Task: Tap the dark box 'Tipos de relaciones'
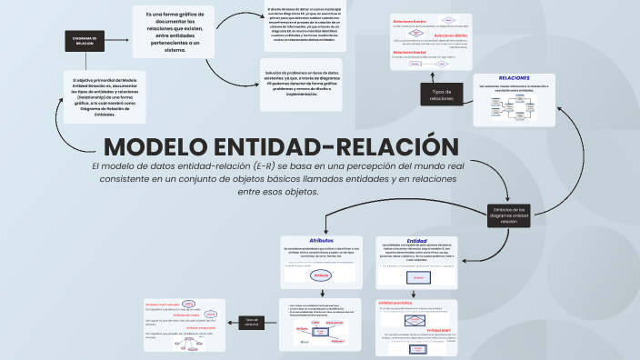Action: (442, 95)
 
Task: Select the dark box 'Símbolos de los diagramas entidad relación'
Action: (508, 215)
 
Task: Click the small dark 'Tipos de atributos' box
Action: (252, 321)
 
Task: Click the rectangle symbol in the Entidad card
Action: (417, 276)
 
